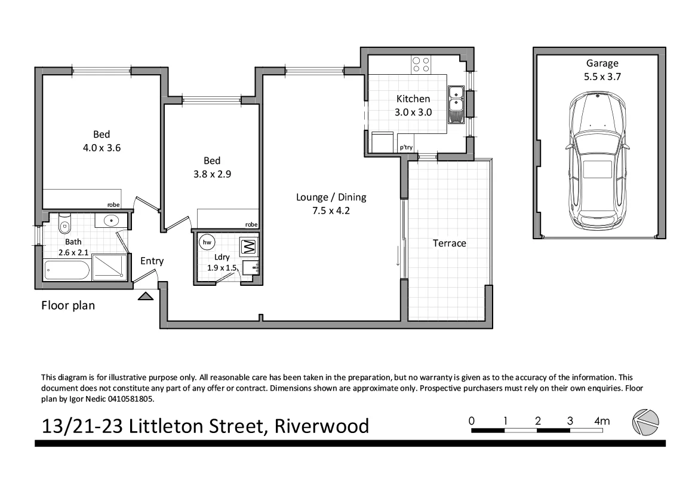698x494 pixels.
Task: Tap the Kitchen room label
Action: (x=413, y=99)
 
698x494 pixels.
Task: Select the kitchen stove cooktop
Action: (x=421, y=64)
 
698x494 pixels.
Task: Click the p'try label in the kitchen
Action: (x=406, y=147)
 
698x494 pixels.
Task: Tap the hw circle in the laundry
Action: (x=207, y=242)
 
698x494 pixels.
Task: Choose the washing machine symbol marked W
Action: (x=248, y=246)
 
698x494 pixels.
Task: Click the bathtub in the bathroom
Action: (x=67, y=270)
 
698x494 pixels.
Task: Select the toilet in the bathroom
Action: (x=65, y=225)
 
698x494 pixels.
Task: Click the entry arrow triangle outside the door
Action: (x=145, y=295)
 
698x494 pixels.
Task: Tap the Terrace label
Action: (x=449, y=243)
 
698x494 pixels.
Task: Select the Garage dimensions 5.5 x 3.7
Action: (x=601, y=77)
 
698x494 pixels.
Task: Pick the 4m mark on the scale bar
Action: (x=602, y=421)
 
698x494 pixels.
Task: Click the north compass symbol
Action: (x=645, y=422)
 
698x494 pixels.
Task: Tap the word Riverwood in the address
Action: (x=322, y=426)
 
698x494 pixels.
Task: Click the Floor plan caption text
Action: (x=68, y=306)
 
